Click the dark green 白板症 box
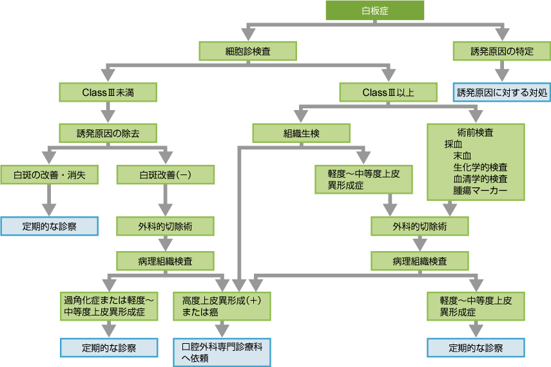(375, 10)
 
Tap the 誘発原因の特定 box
(501, 52)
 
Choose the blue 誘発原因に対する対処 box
(501, 92)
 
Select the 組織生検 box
(301, 133)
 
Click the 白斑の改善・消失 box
(48, 174)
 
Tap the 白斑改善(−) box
(166, 174)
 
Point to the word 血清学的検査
(480, 178)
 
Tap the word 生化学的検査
(480, 167)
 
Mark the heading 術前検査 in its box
(476, 132)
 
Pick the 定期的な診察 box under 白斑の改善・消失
(48, 226)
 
